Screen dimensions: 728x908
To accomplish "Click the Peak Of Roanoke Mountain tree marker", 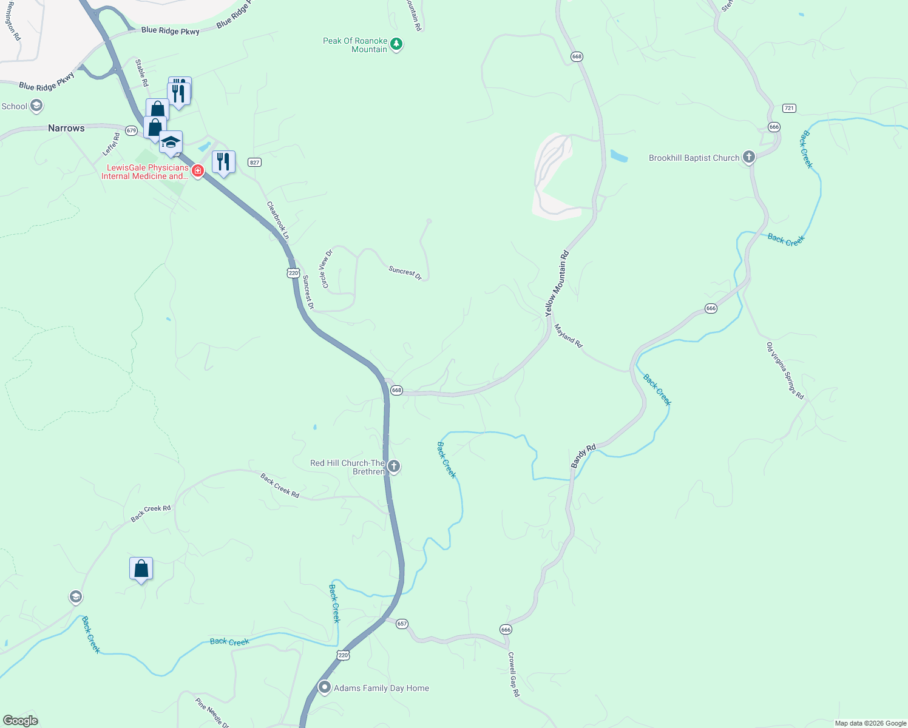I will (396, 44).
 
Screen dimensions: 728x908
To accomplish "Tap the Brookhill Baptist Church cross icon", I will (749, 158).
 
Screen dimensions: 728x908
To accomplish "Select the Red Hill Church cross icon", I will (394, 467).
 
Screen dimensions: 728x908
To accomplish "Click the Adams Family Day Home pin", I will (325, 687).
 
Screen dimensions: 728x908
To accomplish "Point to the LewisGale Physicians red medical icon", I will (197, 171).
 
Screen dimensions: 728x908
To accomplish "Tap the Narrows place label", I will (66, 128).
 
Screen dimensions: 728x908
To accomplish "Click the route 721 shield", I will (788, 108).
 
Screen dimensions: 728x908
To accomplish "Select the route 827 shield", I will (254, 162).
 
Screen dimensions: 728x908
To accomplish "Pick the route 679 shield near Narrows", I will (132, 130).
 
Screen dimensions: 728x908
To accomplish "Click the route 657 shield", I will (402, 624).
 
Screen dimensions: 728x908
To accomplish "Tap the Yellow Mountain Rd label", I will (557, 283).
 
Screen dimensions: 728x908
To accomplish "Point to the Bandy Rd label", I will (583, 456).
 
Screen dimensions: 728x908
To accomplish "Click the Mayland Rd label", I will (568, 335).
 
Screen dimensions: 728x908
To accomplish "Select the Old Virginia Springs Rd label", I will (785, 371).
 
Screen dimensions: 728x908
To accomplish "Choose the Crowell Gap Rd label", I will (513, 674).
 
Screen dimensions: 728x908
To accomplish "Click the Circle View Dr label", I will (327, 269).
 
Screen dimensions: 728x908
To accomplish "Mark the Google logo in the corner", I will (21, 721).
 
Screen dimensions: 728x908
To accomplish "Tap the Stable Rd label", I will (141, 73).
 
